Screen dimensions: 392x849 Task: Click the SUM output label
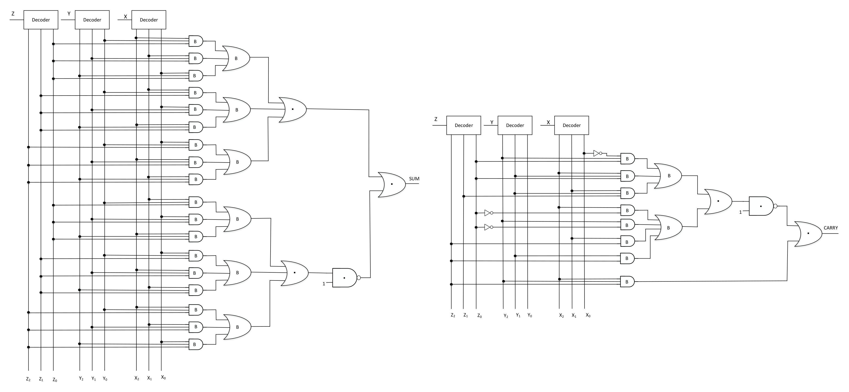click(414, 179)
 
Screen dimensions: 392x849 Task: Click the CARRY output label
click(831, 228)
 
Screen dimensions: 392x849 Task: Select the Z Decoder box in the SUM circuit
click(41, 20)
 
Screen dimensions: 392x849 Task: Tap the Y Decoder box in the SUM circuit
click(92, 20)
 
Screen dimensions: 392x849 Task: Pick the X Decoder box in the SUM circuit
click(149, 20)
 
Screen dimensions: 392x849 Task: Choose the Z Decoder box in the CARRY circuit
click(463, 125)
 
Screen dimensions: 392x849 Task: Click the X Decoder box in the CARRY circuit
click(572, 125)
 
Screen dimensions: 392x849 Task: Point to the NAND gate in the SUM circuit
click(345, 278)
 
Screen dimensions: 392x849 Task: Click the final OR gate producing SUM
click(391, 184)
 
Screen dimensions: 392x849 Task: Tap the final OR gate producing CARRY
click(808, 234)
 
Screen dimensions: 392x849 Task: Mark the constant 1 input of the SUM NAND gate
click(324, 284)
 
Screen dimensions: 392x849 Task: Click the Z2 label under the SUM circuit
click(28, 379)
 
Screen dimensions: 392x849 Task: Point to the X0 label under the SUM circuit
click(163, 377)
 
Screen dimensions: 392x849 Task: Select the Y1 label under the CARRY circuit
click(518, 315)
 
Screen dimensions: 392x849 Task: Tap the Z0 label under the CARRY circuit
click(480, 316)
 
